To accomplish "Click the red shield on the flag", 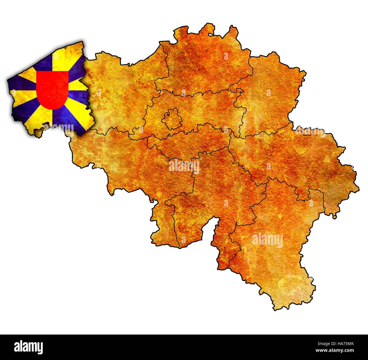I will pos(52,89).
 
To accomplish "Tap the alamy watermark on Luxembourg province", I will pos(267,240).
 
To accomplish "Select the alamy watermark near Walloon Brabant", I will pos(184,166).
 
